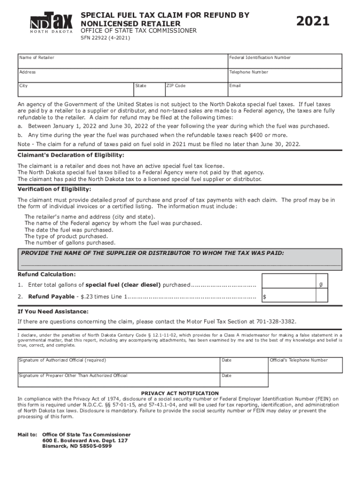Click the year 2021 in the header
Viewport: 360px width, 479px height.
[x=313, y=22]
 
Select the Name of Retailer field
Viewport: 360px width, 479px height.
[x=122, y=61]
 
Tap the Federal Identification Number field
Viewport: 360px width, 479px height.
[x=284, y=61]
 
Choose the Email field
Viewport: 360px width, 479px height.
[x=284, y=89]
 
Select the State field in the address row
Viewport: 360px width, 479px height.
[x=148, y=89]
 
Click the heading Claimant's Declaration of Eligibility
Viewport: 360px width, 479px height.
[x=71, y=155]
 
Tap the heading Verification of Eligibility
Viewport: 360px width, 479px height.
[x=54, y=189]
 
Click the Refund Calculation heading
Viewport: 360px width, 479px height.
[x=46, y=274]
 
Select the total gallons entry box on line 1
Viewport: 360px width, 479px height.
[x=288, y=285]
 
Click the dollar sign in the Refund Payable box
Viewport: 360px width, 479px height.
[x=265, y=297]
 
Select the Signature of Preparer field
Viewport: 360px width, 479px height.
[x=118, y=380]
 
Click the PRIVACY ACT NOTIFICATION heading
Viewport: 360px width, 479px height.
[x=180, y=393]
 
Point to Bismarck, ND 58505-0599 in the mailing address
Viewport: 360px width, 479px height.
[x=77, y=446]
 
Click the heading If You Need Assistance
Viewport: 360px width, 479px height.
[x=52, y=312]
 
